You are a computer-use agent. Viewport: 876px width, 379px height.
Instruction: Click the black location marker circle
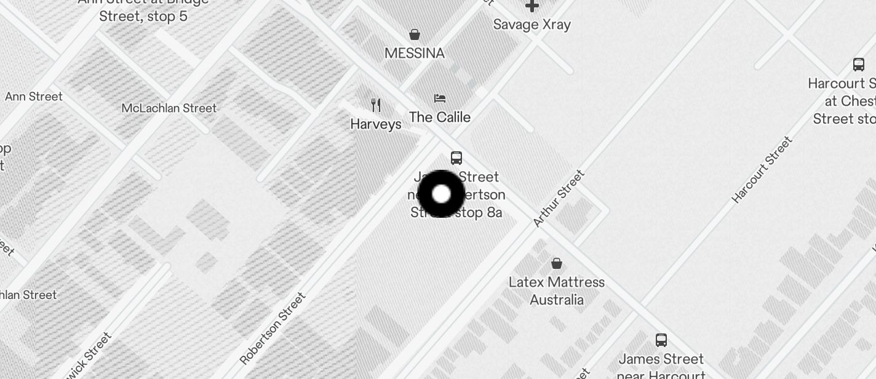point(441,194)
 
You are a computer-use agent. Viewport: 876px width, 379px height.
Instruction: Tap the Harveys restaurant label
point(376,124)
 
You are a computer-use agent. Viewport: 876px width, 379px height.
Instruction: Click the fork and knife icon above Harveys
point(376,105)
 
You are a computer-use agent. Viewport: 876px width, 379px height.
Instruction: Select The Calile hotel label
point(440,118)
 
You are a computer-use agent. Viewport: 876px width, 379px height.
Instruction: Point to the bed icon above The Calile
point(440,98)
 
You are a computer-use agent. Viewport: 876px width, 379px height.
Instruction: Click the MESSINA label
point(415,54)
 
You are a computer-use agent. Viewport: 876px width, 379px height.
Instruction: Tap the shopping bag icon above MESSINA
point(415,34)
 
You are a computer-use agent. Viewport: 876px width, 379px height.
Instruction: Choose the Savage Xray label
point(532,25)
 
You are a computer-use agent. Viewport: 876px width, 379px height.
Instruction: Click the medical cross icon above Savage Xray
point(532,6)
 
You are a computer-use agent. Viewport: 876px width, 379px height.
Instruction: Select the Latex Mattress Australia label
point(557,291)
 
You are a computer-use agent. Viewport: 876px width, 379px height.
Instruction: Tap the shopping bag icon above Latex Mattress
point(557,264)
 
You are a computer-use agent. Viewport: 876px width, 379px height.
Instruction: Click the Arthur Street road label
point(559,198)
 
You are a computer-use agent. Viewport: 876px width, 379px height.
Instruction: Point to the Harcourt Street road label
point(762,170)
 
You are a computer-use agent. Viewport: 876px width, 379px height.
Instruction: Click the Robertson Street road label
point(273,329)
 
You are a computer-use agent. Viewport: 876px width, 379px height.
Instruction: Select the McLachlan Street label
point(169,108)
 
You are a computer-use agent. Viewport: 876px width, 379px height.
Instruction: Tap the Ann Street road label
point(34,97)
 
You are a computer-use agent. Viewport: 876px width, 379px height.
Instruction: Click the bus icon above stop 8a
point(456,158)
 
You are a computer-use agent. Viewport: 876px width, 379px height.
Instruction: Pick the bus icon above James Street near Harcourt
point(661,340)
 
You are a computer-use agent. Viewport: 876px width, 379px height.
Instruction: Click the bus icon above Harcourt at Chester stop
point(859,65)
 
